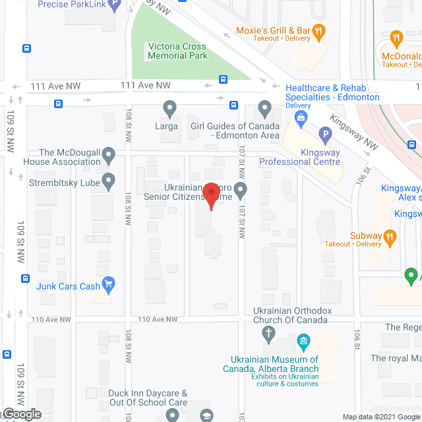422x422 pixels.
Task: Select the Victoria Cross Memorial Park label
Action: point(177,51)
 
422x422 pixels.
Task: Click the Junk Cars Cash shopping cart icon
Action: point(110,286)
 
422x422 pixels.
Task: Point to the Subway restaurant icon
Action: point(390,235)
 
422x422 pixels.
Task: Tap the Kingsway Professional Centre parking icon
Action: point(324,136)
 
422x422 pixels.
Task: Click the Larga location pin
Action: point(170,107)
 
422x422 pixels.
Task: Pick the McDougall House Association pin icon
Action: point(110,156)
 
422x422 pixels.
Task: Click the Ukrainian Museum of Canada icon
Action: point(303,341)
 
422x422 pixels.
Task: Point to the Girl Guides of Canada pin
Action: point(264,107)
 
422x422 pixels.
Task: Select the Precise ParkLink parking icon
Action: point(115,6)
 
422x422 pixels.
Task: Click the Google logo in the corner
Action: point(21,414)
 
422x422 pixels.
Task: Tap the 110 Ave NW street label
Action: point(158,319)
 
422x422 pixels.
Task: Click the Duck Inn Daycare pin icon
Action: point(172,415)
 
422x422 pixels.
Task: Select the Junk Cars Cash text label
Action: point(69,286)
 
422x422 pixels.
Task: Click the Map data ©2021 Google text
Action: point(380,416)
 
